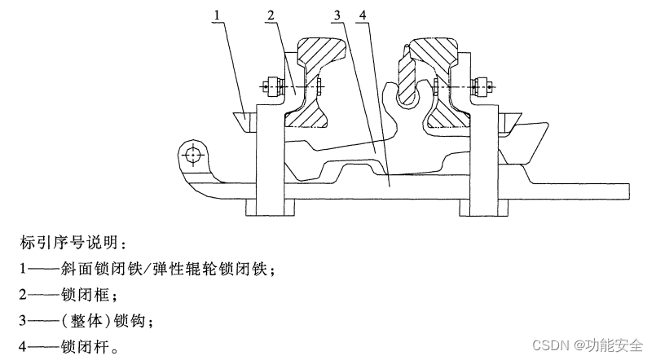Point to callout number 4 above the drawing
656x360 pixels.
(x=361, y=14)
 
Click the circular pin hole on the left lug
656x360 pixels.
(x=193, y=155)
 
